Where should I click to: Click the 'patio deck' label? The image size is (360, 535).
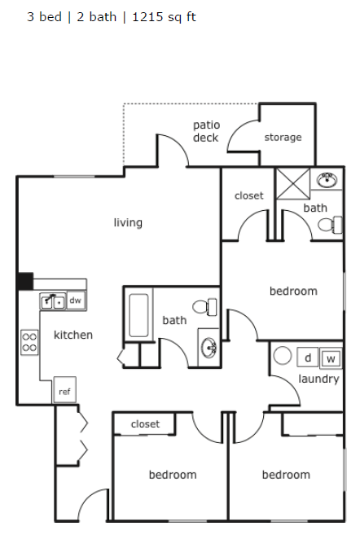[x=206, y=131]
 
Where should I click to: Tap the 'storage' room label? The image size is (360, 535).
[x=283, y=138]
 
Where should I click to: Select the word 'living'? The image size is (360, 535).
[x=128, y=222]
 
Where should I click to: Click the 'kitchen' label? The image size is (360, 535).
[x=73, y=335]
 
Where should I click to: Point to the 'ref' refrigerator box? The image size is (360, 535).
[x=64, y=392]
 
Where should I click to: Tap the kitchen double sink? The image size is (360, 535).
[x=53, y=301]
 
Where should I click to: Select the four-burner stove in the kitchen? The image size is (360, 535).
[x=29, y=341]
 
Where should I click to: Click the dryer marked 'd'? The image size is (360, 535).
[x=309, y=357]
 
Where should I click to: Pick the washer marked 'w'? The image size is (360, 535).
[x=331, y=358]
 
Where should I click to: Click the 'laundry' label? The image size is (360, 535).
[x=318, y=379]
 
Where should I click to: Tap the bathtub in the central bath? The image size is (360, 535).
[x=139, y=316]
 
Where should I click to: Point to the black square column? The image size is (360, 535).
[x=25, y=281]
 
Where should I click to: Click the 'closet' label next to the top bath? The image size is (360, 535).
[x=249, y=195]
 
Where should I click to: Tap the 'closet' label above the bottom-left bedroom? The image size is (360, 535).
[x=145, y=424]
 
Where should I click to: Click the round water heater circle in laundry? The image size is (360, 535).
[x=283, y=356]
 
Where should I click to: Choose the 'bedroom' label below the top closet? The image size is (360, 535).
[x=293, y=291]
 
